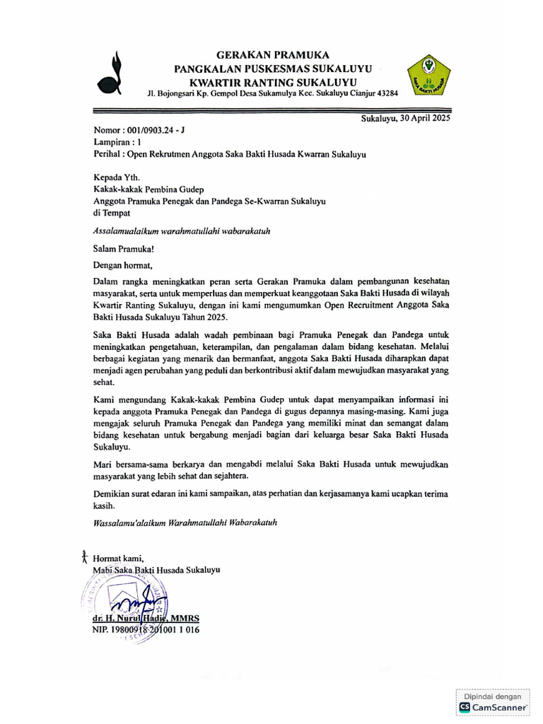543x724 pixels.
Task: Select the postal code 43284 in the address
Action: (x=386, y=93)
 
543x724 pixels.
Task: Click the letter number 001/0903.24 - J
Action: (x=154, y=130)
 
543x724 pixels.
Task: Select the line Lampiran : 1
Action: (x=117, y=141)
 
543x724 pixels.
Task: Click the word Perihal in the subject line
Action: (x=107, y=153)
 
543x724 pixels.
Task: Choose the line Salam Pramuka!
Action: (x=124, y=248)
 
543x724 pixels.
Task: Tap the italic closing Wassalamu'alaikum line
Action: (x=185, y=524)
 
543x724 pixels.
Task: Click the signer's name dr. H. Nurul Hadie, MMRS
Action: (x=146, y=618)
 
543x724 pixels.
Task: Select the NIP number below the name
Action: (x=146, y=629)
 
